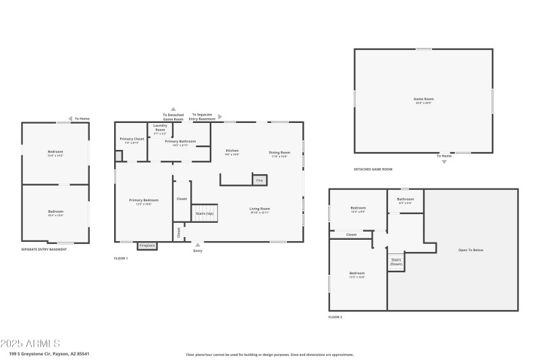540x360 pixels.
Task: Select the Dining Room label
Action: point(279,154)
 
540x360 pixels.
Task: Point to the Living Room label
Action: point(259,210)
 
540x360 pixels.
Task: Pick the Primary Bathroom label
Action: point(180,143)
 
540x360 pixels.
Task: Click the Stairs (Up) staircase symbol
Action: point(205,213)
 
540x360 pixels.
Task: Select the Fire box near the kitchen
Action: point(259,180)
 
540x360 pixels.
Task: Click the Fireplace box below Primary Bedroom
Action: point(147,245)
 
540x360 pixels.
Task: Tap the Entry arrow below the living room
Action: point(198,245)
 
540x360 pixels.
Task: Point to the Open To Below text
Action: point(470,250)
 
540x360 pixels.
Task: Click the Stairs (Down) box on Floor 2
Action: point(396,262)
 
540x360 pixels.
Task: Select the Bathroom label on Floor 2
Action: point(405,200)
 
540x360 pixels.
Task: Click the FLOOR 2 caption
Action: point(335,317)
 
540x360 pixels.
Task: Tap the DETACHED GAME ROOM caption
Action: point(373,169)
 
